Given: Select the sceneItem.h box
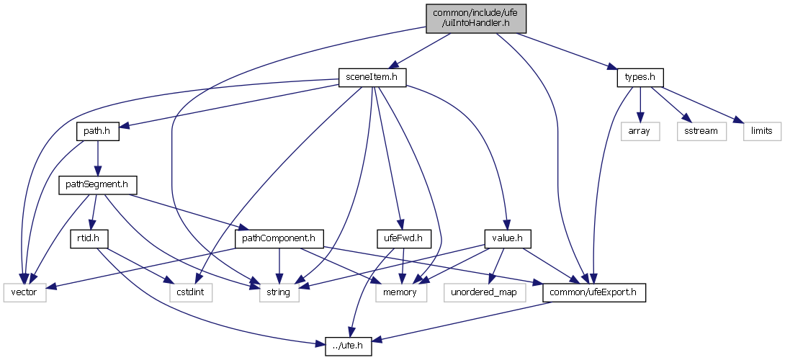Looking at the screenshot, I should (x=372, y=77).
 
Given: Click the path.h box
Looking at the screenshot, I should (x=98, y=131).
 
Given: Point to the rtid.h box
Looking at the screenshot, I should (x=88, y=238).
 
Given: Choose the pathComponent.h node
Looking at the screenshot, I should (x=279, y=238).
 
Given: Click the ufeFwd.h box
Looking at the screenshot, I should (x=403, y=238).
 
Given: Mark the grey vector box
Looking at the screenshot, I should (x=25, y=292).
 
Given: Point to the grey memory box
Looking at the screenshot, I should (x=401, y=292).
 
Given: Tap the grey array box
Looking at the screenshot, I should (x=640, y=131).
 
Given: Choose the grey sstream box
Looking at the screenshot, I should (x=697, y=131).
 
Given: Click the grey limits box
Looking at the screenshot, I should (x=761, y=131).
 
